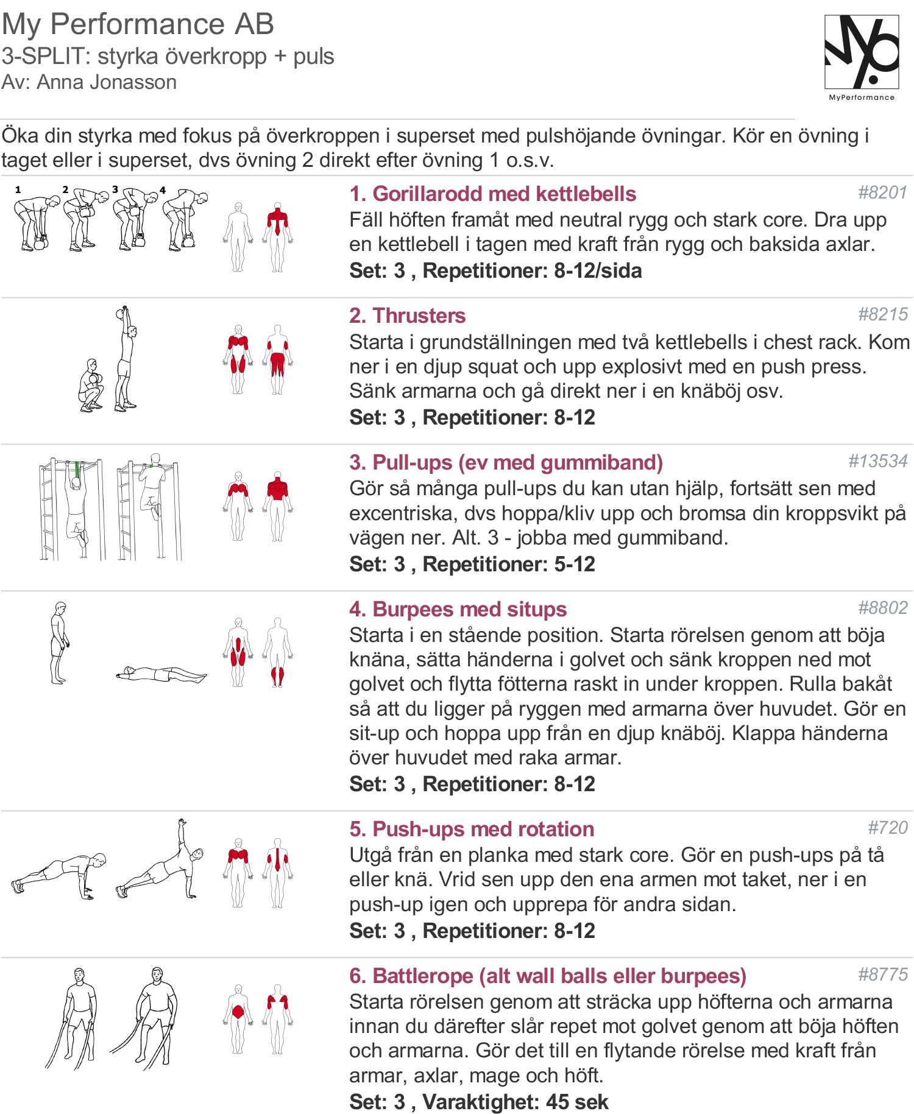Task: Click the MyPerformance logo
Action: pos(862,57)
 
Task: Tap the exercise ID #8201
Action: pos(883,192)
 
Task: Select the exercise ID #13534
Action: pos(878,461)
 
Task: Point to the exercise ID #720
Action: pos(888,828)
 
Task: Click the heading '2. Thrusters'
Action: pos(407,316)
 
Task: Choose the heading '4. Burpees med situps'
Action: pos(458,609)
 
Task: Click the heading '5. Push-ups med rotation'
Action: pos(472,829)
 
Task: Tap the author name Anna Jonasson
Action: pos(107,82)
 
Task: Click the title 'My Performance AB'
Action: pos(138,24)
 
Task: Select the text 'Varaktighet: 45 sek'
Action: pos(515,1102)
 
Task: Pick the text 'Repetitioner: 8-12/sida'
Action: pos(532,270)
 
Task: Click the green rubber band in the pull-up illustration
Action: pos(77,470)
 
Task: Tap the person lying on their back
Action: pos(161,674)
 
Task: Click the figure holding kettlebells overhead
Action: pos(126,359)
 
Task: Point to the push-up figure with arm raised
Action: pos(160,859)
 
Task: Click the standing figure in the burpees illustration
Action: pos(59,643)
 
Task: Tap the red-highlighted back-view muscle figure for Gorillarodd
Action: pos(278,237)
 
